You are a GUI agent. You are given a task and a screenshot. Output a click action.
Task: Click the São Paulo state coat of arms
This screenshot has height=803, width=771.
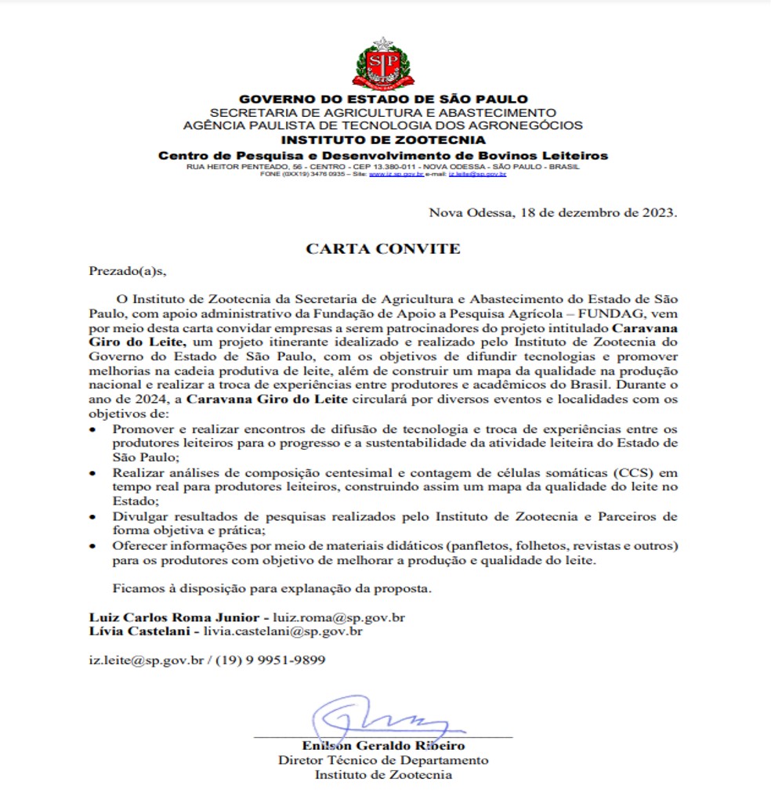click(383, 63)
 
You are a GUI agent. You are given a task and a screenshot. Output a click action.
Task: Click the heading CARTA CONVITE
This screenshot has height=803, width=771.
click(383, 249)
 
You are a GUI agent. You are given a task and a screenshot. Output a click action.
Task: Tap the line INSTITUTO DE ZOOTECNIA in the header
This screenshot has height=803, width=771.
click(383, 140)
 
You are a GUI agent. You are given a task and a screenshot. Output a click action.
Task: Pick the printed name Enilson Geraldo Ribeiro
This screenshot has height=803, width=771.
click(383, 746)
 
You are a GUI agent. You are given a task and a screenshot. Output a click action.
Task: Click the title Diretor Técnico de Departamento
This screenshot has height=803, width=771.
click(383, 760)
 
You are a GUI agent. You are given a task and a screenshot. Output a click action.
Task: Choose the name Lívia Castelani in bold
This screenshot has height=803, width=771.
click(138, 631)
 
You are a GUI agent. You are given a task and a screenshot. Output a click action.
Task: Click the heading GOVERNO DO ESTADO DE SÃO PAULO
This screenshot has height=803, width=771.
click(383, 99)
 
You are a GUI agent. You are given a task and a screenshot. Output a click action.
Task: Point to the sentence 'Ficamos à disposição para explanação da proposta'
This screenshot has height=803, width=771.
click(273, 588)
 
